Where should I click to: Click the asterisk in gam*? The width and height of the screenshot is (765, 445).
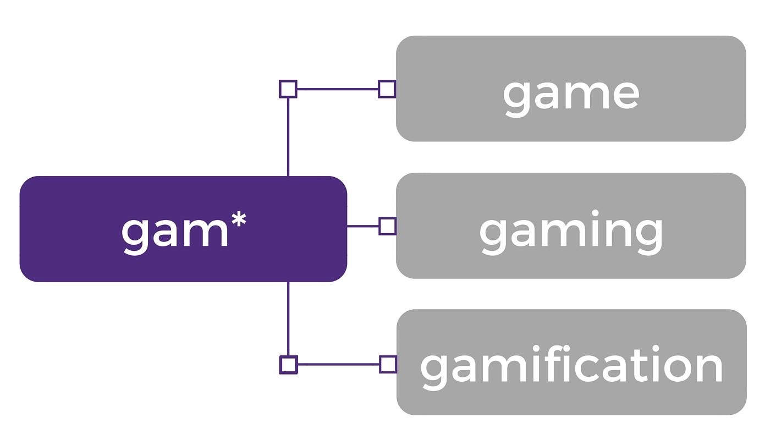click(238, 220)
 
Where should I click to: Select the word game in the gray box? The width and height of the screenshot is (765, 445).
click(571, 94)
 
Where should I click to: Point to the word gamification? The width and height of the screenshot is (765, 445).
click(571, 365)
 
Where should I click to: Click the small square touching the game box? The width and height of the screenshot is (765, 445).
click(387, 89)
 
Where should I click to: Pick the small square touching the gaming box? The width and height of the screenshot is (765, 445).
click(387, 226)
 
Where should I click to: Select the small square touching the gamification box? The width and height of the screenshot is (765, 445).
click(388, 364)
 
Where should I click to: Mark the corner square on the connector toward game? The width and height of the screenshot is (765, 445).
click(288, 89)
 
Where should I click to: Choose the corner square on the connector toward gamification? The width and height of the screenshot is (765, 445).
click(288, 365)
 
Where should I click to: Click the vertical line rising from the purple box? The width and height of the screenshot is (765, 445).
click(288, 138)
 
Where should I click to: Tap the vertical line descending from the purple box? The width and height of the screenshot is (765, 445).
click(288, 319)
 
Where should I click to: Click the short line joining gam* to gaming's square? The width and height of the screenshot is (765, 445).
click(363, 226)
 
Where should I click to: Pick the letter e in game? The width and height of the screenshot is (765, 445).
click(624, 94)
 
